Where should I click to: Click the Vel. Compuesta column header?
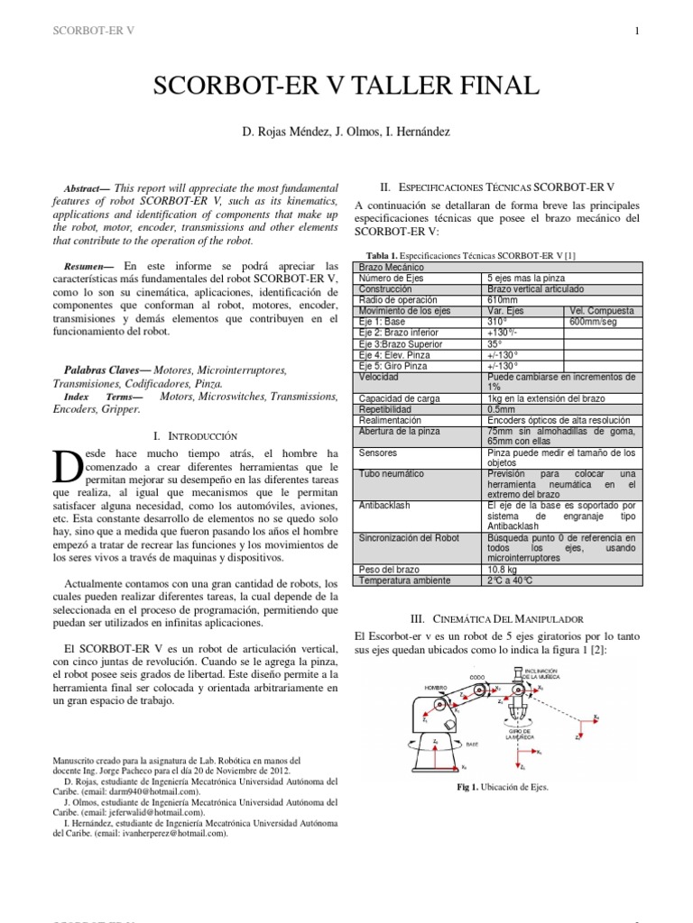coord(602,310)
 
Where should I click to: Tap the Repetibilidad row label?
coord(386,409)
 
